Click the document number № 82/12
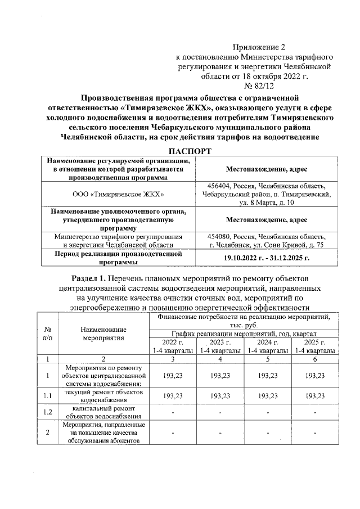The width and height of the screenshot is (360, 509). click(x=258, y=87)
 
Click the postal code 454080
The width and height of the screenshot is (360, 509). click(x=221, y=236)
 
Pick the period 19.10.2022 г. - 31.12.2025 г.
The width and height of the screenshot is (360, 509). click(x=267, y=258)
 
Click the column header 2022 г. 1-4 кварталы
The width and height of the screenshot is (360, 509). click(x=173, y=346)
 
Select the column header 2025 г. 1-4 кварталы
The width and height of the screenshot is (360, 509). click(x=316, y=346)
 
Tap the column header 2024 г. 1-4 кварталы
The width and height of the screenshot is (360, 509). click(x=268, y=346)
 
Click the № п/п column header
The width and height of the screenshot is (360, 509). click(x=48, y=333)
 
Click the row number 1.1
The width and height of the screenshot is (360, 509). click(x=48, y=396)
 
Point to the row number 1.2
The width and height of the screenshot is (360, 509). click(x=48, y=412)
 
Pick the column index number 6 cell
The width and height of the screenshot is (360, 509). click(x=316, y=359)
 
